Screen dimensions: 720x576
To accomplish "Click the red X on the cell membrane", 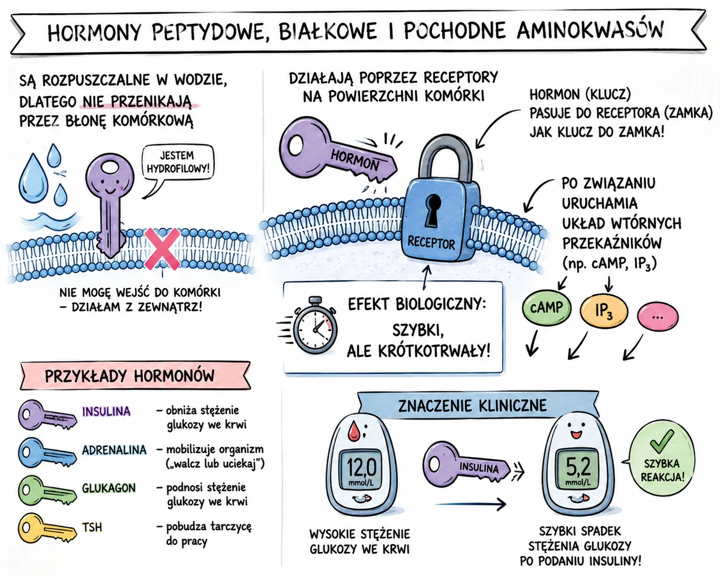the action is (162, 249).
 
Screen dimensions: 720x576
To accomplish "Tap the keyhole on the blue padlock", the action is (433, 210).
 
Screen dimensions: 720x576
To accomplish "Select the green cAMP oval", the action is (547, 308).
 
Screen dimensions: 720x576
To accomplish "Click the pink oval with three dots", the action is (658, 316).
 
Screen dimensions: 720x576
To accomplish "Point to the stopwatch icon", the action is (314, 325).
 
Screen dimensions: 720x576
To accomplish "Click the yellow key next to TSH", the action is (47, 529).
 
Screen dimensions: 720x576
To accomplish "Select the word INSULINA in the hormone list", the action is (106, 412).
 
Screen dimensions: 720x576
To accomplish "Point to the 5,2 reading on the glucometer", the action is (578, 467).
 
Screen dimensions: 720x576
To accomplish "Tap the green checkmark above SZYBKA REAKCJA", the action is (661, 441).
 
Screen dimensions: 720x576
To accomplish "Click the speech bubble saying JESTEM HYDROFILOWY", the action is (178, 163).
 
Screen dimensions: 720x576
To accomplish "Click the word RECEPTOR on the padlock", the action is (431, 242).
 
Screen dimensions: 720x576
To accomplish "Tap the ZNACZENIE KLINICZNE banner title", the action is (472, 406).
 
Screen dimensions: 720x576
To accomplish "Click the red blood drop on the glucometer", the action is (353, 430).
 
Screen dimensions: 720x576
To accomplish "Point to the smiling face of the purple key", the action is (110, 186).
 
